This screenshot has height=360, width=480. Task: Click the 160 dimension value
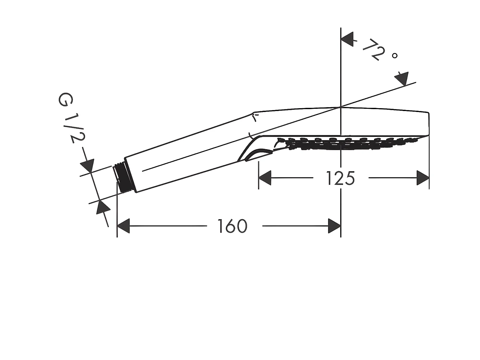233,226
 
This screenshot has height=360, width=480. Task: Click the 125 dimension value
340,178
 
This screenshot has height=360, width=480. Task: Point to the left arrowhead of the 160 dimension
123,226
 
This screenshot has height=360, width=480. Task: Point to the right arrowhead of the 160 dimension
334,226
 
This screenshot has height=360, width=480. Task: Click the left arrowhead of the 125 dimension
265,178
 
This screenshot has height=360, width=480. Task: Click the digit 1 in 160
221,226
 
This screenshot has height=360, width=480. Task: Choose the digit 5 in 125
350,178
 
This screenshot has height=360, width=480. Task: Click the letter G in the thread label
65,100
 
